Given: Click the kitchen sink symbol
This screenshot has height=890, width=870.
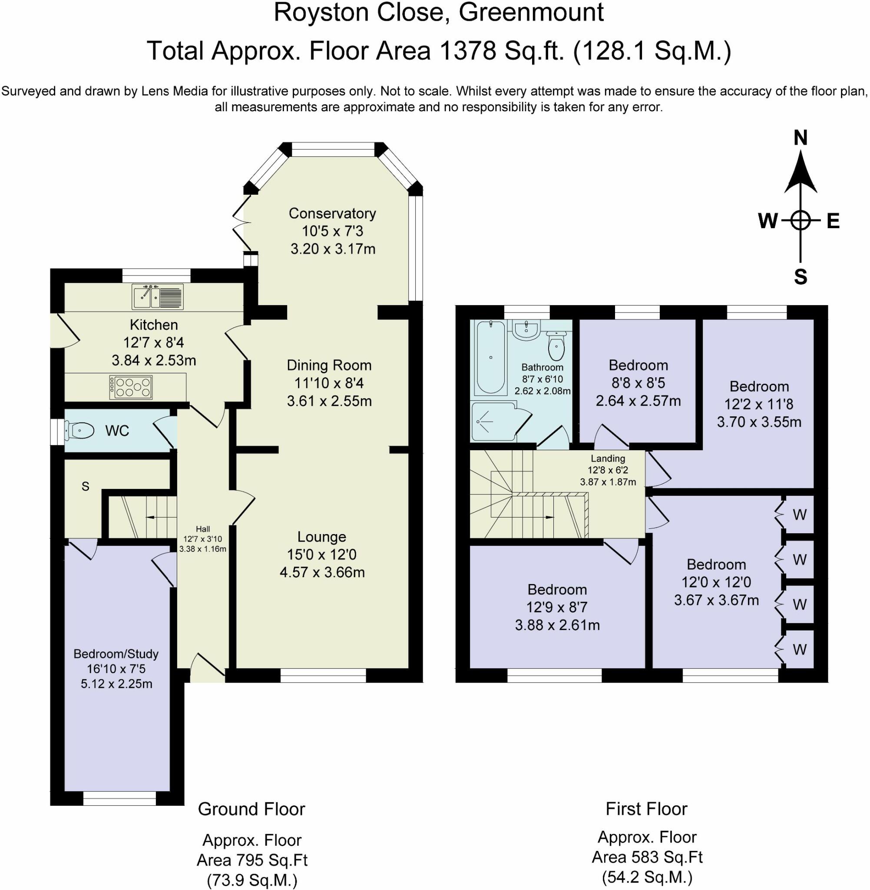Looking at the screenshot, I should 157,296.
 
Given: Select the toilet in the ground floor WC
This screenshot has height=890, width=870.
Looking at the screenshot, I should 80,430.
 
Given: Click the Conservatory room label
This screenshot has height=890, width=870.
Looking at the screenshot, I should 332,213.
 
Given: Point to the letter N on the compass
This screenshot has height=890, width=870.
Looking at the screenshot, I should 800,138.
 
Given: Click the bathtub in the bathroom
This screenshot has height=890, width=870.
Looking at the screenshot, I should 490,358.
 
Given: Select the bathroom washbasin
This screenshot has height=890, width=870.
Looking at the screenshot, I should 526,329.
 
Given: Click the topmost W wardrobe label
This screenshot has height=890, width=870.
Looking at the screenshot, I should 799,515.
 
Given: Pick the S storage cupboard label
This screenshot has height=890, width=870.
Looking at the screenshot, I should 86,486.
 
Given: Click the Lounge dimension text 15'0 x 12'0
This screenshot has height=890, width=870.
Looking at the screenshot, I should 322,555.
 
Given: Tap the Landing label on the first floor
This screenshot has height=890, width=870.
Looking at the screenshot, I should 607,458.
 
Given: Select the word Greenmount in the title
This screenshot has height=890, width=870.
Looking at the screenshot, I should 531,12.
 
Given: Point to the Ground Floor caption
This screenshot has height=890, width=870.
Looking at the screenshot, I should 251,809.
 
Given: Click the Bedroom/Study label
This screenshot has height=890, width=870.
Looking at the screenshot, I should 116,654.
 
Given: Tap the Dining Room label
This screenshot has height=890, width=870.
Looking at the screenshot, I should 329,365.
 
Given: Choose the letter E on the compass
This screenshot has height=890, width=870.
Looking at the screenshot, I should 833,221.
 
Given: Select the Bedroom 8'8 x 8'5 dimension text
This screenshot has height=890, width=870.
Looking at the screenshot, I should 638,382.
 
